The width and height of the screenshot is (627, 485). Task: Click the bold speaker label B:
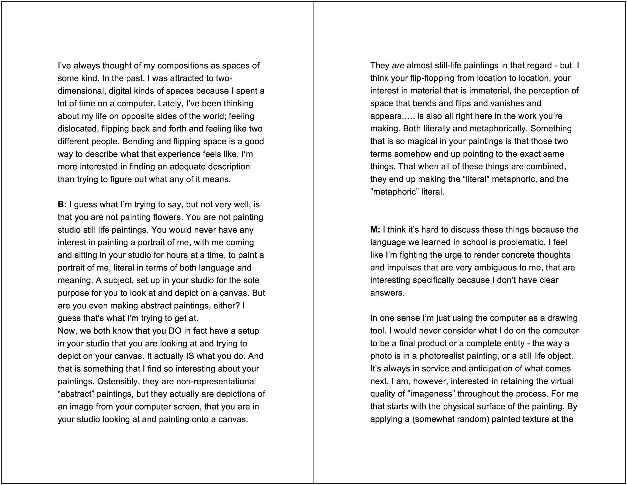pyautogui.click(x=62, y=204)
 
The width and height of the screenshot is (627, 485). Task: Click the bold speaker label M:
pyautogui.click(x=375, y=230)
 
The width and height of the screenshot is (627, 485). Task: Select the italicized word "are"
pyautogui.click(x=398, y=65)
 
